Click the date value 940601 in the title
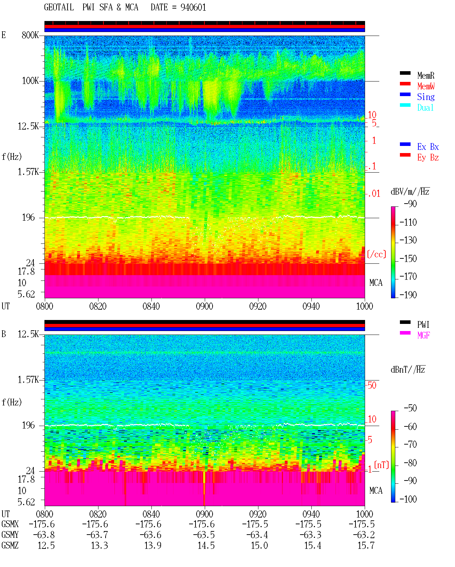193,7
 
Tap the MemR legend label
426,75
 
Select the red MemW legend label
426,86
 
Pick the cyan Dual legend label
425,107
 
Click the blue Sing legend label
426,97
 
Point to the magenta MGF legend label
423,335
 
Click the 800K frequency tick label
30,35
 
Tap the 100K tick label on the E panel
30,81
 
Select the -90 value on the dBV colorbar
410,204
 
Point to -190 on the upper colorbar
408,295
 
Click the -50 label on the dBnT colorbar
410,408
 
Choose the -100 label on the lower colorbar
408,499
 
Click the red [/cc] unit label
376,254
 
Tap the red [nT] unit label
381,465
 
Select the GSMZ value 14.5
206,545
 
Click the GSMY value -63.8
44,535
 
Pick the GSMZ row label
10,545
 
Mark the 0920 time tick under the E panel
258,306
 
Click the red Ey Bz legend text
428,158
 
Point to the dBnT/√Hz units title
408,370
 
